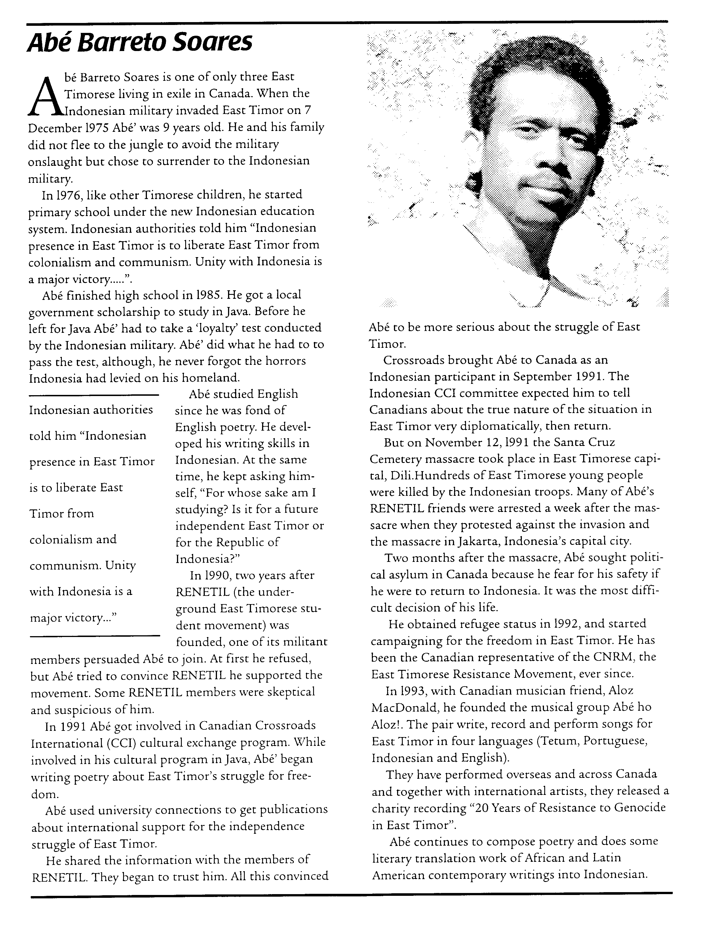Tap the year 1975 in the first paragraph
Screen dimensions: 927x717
(x=94, y=128)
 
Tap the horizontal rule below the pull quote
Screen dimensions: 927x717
(x=94, y=635)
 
